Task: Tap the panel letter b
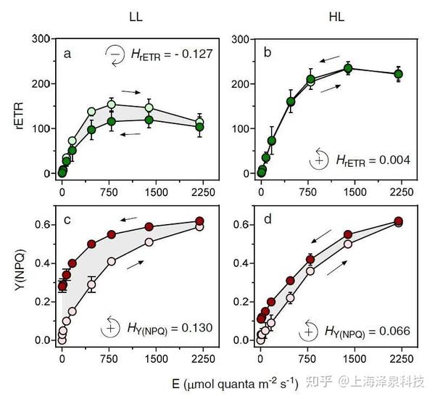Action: [267, 54]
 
